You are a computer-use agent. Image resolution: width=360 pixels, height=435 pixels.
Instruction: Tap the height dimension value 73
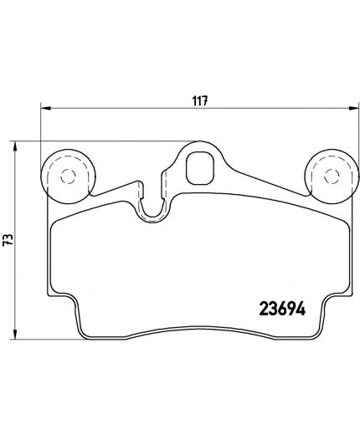(8, 240)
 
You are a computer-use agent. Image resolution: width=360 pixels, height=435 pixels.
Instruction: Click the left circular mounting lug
(67, 175)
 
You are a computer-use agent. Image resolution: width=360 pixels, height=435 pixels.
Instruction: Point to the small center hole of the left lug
(67, 175)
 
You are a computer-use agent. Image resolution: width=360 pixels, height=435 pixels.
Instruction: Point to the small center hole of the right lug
(326, 175)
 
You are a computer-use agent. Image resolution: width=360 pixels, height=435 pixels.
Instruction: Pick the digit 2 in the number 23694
(248, 307)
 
